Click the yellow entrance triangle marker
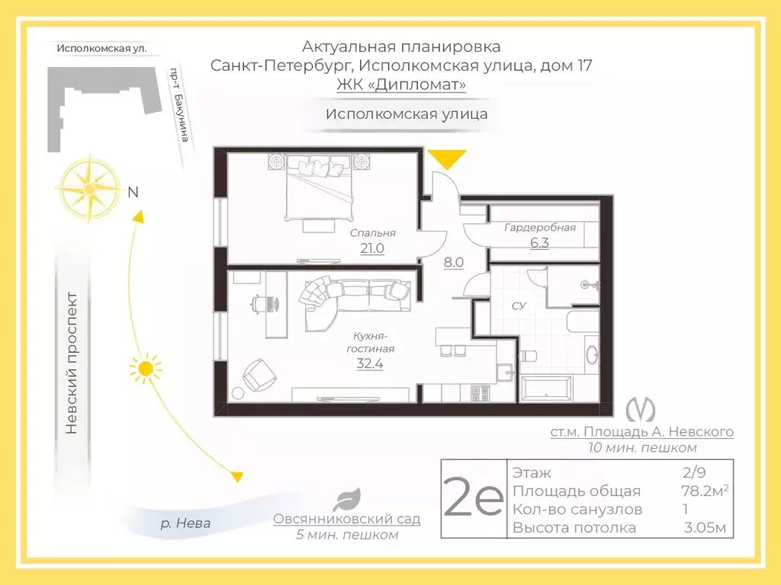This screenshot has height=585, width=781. pos(445,158)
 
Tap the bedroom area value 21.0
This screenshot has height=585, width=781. pos(372,248)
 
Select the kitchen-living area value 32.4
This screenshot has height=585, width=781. pos(370,363)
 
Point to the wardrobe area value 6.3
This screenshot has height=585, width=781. pos(539,243)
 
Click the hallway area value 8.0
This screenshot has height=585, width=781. pos(454,263)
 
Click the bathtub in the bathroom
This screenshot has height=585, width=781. pos(545,386)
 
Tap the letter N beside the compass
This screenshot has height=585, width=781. pos(133,193)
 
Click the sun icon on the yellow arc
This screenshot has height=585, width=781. pos(145,369)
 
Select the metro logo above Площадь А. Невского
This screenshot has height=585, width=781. pos(641,411)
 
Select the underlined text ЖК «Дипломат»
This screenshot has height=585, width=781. pos(401,85)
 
